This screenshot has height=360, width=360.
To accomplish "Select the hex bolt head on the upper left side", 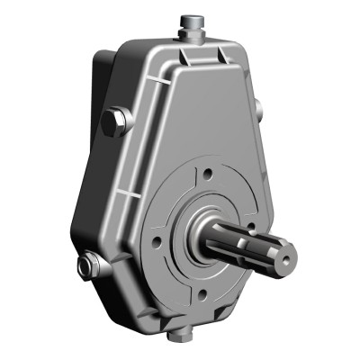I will [x=113, y=121].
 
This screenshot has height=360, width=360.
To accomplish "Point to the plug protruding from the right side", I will [x=259, y=109].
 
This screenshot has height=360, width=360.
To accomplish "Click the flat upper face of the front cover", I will [x=198, y=108].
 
